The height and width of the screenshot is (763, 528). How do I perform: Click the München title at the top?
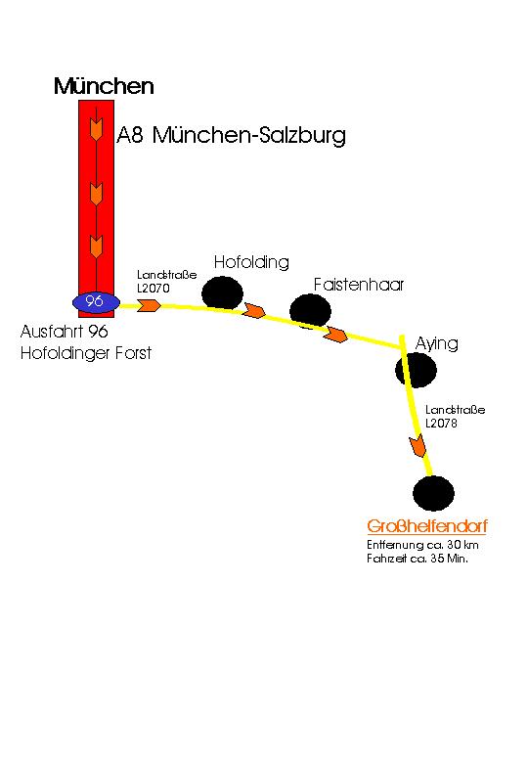pos(104,86)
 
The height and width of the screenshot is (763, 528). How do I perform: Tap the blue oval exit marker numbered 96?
pos(96,302)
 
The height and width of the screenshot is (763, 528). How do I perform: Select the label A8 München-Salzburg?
pos(231,135)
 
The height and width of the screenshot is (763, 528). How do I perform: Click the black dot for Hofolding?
pos(222,292)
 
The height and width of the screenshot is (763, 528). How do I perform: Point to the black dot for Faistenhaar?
pos(310,310)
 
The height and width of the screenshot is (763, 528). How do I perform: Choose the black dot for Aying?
pos(416,370)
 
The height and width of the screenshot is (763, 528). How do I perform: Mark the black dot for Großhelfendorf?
pos(433,493)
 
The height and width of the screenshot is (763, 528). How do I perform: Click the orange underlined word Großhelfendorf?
pos(427,526)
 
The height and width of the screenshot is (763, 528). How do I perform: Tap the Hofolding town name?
pos(251,263)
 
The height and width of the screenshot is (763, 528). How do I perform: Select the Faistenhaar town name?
pos(358,285)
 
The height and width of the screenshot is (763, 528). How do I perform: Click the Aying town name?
pos(437,344)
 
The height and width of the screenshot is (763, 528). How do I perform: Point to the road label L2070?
pos(154,288)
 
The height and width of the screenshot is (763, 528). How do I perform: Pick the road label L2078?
pos(441,424)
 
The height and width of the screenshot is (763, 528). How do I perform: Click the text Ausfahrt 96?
pos(65,332)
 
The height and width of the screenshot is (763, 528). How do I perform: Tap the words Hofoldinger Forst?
pos(86,353)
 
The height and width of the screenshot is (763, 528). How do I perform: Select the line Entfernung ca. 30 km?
pos(422,545)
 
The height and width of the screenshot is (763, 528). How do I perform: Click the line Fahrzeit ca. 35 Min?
pos(418,559)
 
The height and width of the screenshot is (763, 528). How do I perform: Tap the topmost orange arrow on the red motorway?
pos(97,129)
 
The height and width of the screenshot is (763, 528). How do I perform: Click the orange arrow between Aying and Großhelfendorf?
pos(418,446)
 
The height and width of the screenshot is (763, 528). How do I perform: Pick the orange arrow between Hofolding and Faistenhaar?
pos(255,310)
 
